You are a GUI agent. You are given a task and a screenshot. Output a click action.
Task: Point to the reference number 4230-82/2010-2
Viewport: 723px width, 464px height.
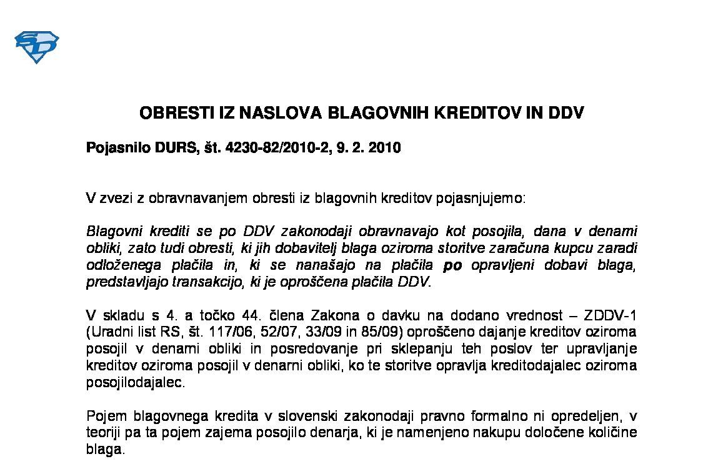point(279,149)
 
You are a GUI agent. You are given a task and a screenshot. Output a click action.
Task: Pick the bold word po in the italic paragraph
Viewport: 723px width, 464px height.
point(452,265)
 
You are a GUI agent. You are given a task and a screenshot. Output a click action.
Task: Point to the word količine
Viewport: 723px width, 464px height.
point(614,433)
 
